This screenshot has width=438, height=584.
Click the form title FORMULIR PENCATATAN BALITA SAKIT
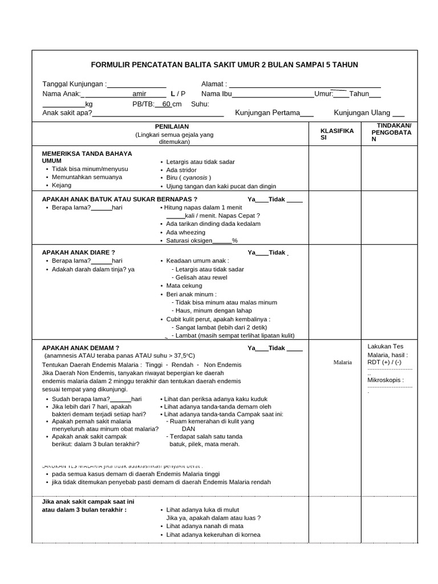click(x=225, y=65)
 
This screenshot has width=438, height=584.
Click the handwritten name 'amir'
click(x=139, y=94)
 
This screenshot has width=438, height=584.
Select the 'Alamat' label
click(x=214, y=84)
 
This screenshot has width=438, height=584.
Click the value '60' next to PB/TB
click(x=167, y=104)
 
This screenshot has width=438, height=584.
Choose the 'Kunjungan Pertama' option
click(x=267, y=113)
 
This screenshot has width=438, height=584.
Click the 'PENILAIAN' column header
click(x=172, y=127)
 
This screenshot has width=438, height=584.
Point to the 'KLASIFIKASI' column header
click(x=337, y=135)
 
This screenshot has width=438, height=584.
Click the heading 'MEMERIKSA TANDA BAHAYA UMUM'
click(x=87, y=157)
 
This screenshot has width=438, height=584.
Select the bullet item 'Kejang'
click(x=62, y=185)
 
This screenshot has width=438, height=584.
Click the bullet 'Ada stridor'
click(x=181, y=170)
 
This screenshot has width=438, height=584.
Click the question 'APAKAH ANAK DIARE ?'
click(x=79, y=252)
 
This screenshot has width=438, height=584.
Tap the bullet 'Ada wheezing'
click(x=185, y=233)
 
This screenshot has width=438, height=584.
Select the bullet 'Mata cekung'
click(x=183, y=286)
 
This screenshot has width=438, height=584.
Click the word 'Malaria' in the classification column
click(x=343, y=362)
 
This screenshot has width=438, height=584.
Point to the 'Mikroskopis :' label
click(x=386, y=380)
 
